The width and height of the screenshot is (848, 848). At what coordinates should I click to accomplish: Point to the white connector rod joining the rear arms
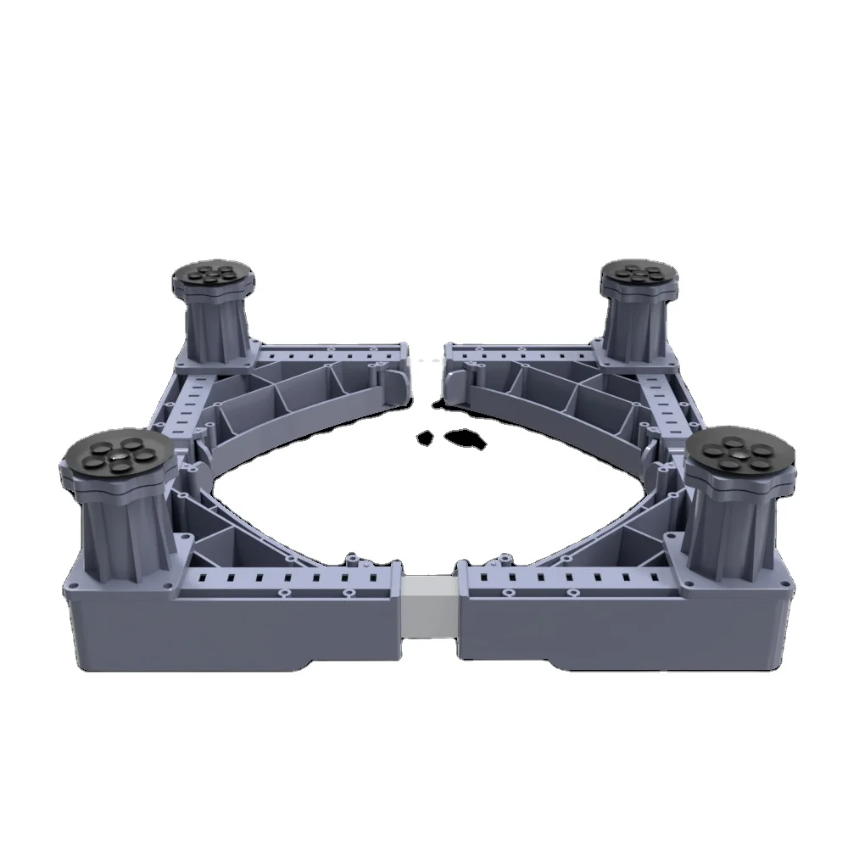pos(427,360)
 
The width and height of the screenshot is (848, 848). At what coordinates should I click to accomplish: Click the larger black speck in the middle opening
pos(466,438)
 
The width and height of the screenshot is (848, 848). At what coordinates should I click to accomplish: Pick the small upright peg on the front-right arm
pos(505,561)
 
